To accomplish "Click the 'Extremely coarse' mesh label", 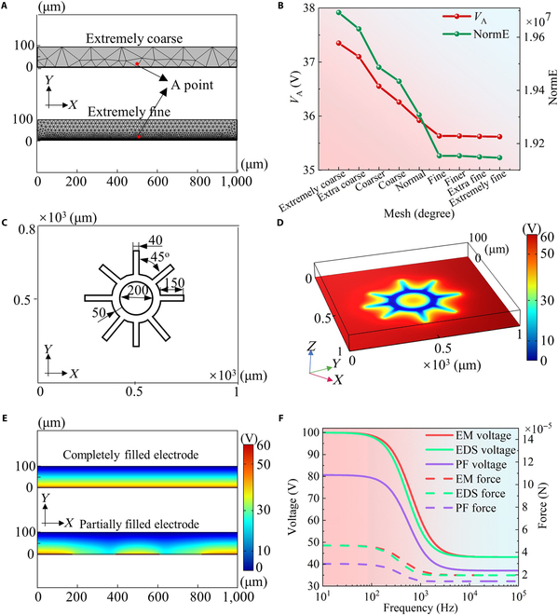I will pos(136,38).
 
